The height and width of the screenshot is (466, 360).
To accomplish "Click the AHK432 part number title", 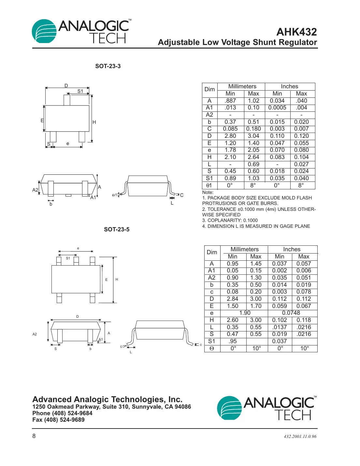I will pos(296,32).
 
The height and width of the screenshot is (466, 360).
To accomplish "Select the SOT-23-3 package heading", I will pos(108,66).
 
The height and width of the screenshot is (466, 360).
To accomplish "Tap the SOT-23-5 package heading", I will pos(117,229).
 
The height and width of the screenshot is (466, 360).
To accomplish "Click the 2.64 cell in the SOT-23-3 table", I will pos(253,157).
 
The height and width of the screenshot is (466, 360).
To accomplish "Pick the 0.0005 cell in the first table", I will pos(277,108).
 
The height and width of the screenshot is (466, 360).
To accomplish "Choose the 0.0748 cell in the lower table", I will pos(291,313).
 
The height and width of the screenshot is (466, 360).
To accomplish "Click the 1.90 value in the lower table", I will pos(245,313).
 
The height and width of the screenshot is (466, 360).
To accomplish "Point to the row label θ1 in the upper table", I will pos(209,185).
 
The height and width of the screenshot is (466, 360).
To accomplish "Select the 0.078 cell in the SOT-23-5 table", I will pos(304,292).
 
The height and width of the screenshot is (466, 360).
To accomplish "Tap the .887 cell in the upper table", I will pos(230,101).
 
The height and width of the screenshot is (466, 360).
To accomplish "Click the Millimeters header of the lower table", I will pos(244,249).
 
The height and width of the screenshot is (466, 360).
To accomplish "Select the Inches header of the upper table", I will pos(289,86).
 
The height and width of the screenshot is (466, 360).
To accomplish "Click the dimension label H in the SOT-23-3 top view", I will pos(94,122).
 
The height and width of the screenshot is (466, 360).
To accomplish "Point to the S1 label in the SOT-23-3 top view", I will pos(80,91).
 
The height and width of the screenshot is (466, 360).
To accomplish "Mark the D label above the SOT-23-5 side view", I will pos(78,316).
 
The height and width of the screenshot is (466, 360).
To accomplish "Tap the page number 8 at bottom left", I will pos(34,436).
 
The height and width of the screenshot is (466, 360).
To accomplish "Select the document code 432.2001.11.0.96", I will pos(300,437).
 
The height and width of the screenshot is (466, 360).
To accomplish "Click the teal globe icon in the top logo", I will pos(44,32).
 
